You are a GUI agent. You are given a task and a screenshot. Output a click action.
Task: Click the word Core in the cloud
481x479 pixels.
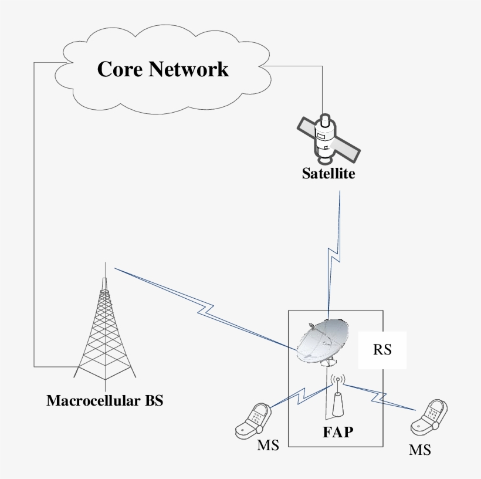[x=120, y=69]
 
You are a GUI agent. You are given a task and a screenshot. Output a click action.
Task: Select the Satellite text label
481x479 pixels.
[x=328, y=174]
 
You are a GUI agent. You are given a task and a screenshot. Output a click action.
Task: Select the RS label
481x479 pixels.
[x=382, y=349]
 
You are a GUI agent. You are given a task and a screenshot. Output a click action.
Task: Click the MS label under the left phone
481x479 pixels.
[x=268, y=445]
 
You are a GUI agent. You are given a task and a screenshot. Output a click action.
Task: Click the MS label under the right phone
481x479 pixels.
[x=420, y=450]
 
